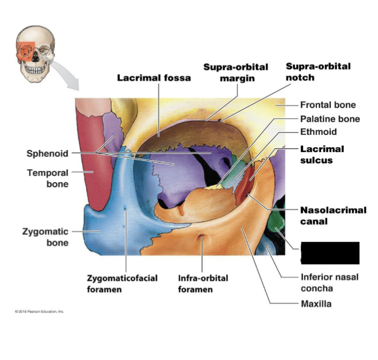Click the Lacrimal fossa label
(x=154, y=78)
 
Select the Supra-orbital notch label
(x=318, y=72)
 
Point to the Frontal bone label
(x=328, y=105)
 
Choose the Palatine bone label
(x=330, y=119)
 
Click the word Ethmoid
(x=318, y=132)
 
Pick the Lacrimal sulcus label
(x=322, y=154)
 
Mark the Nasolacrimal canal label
(x=333, y=215)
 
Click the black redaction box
(x=330, y=252)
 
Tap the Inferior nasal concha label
(x=329, y=282)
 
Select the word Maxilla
(x=316, y=304)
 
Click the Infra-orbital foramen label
(x=203, y=283)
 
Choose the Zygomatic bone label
(x=45, y=237)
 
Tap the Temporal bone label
(x=48, y=178)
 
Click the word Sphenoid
(x=47, y=154)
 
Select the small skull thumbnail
(x=35, y=53)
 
